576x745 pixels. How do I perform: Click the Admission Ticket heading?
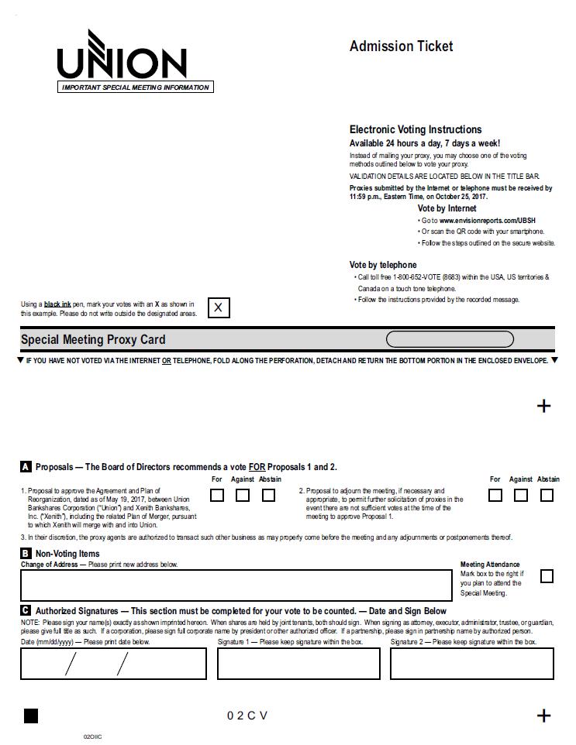[x=401, y=46]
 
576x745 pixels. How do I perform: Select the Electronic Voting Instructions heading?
[x=416, y=130]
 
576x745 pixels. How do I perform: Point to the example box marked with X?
[x=219, y=307]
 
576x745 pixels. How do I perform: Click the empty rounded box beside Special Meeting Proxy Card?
[x=450, y=339]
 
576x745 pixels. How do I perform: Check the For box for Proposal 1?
[x=217, y=496]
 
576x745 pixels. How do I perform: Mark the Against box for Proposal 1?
[x=243, y=496]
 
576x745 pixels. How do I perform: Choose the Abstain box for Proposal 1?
[x=268, y=496]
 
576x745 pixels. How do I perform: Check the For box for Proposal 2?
[x=495, y=496]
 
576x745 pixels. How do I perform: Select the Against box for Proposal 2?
[x=521, y=496]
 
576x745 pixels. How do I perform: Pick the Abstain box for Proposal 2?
[x=547, y=496]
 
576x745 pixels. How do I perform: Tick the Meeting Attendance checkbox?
[x=547, y=576]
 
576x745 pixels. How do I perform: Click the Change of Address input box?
[x=236, y=585]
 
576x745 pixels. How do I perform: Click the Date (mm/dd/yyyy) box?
[x=113, y=664]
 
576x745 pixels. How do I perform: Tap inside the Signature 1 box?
[x=298, y=664]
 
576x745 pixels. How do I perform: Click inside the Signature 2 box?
[x=471, y=664]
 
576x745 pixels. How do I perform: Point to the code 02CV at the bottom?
[x=247, y=716]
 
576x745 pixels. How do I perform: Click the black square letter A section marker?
[x=26, y=467]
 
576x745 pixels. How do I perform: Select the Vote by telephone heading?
[x=383, y=265]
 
